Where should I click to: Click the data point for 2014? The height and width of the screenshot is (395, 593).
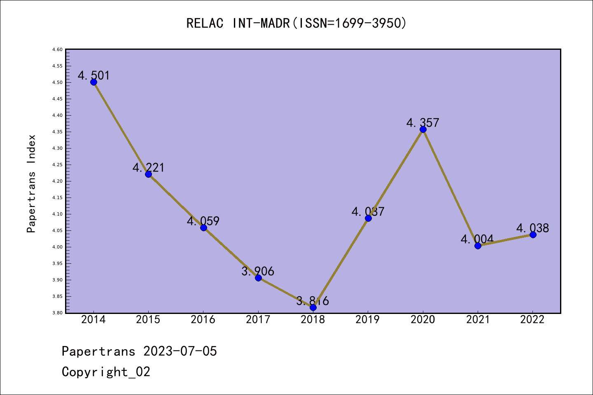[93, 82]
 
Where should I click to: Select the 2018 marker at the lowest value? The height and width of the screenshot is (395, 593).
[313, 307]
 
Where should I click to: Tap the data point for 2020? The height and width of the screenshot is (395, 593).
[423, 129]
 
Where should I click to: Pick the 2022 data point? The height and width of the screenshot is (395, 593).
[533, 235]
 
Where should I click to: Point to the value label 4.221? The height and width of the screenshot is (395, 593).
[148, 167]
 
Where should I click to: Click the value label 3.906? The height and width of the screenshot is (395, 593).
[258, 271]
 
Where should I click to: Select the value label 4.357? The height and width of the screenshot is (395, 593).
[423, 123]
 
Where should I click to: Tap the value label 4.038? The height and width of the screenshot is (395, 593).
[533, 228]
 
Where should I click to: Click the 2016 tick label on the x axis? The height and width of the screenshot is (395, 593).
[203, 319]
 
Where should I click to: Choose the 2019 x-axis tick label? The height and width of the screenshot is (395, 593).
[368, 319]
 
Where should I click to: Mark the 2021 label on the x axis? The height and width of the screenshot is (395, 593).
[478, 319]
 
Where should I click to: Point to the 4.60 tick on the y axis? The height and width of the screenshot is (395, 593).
[57, 49]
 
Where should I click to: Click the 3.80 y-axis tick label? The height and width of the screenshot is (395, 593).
[57, 313]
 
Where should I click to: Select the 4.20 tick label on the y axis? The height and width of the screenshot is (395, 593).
[57, 181]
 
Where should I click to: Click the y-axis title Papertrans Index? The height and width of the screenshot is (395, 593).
[31, 184]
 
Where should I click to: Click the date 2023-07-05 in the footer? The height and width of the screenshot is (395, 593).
[180, 351]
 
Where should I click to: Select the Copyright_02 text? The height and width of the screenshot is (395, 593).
[106, 372]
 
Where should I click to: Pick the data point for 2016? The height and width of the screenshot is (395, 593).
[203, 228]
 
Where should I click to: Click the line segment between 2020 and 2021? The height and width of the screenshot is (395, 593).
[450, 187]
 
